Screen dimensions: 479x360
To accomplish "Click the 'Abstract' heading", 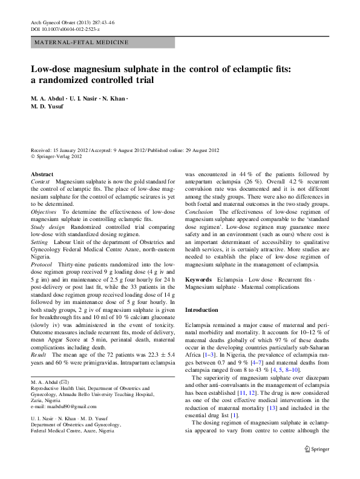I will (42, 174).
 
